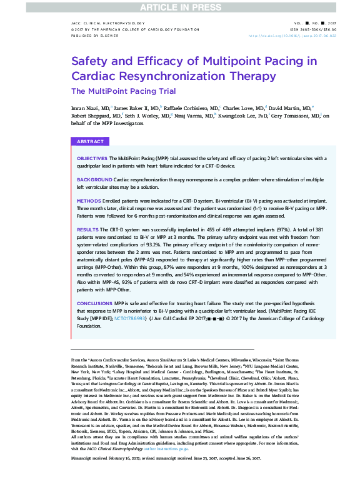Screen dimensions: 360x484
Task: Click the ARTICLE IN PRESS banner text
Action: [x=179, y=6]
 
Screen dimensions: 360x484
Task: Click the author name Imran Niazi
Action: [x=87, y=108]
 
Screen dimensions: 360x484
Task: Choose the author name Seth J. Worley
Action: [x=145, y=116]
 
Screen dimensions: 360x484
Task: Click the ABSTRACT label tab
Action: [x=90, y=142]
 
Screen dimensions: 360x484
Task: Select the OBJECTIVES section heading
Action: [x=92, y=159]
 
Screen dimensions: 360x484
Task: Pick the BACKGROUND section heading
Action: [x=94, y=179]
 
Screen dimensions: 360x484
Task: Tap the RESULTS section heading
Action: [x=87, y=230]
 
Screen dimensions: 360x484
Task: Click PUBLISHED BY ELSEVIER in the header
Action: [x=90, y=36]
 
